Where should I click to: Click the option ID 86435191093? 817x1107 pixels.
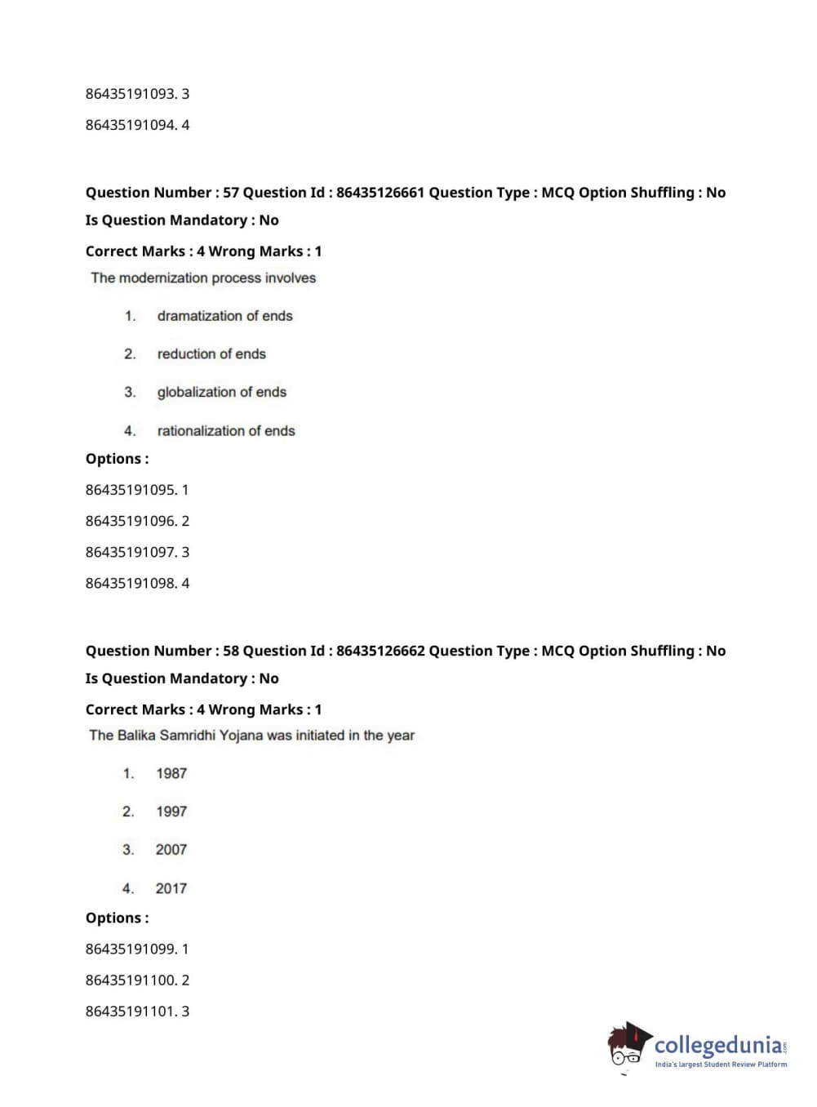131,94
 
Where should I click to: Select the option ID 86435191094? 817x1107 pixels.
131,125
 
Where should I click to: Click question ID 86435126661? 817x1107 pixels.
380,193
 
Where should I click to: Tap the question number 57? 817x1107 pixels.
231,193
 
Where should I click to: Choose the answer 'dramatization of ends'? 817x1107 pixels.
224,316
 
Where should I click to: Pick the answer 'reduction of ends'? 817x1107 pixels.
211,353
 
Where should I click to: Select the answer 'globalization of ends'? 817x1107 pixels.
221,392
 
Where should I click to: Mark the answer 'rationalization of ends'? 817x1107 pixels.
226,430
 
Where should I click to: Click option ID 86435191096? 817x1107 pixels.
131,521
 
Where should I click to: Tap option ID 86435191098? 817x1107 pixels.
131,583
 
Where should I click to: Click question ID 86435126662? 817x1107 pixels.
380,651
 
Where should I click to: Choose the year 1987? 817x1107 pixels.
171,773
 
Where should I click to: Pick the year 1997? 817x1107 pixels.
171,811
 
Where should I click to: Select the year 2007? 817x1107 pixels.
171,850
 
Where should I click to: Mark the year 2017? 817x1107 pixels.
171,888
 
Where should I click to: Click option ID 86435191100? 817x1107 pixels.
131,980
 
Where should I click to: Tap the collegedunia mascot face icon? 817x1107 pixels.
628,1046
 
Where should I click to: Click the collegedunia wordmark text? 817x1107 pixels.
718,1045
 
